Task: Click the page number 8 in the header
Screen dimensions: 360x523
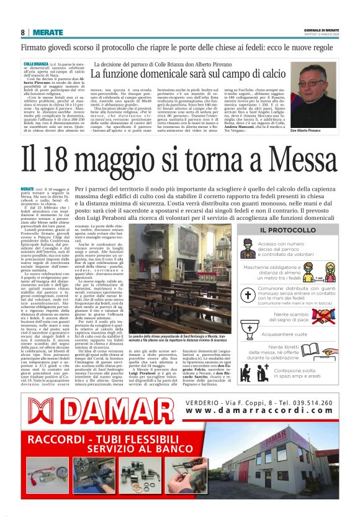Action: coord(23,32)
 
